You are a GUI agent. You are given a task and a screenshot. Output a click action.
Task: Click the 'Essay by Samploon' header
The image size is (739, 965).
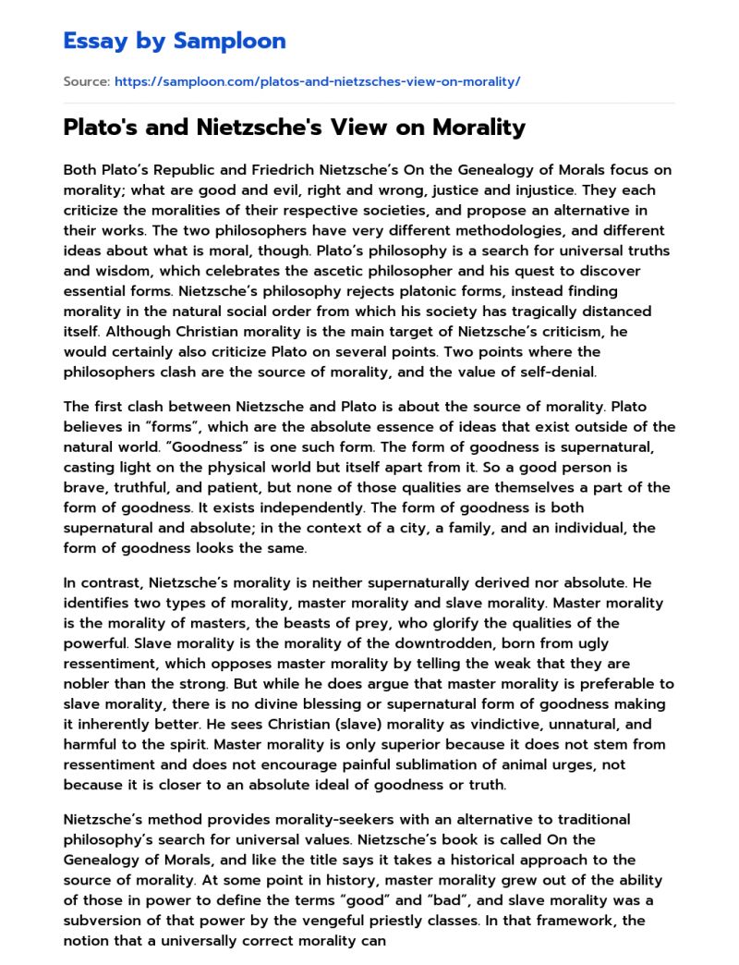(x=175, y=41)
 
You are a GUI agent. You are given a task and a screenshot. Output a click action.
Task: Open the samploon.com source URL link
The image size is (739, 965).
(x=317, y=82)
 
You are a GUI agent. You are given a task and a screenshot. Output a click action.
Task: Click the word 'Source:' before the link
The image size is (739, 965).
(x=86, y=82)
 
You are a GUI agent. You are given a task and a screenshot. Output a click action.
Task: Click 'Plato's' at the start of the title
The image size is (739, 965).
(x=97, y=128)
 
